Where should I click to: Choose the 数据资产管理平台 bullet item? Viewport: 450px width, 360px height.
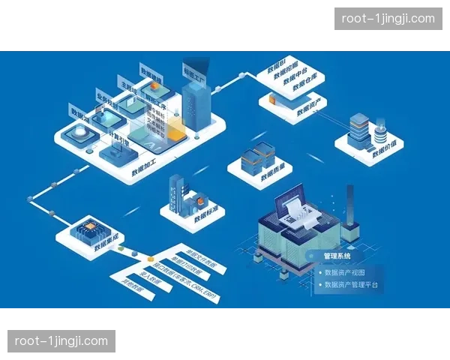coord(352,285)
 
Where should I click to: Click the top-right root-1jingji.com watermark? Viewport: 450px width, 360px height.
coord(387,19)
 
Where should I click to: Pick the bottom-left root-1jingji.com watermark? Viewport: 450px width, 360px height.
coord(62,341)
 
